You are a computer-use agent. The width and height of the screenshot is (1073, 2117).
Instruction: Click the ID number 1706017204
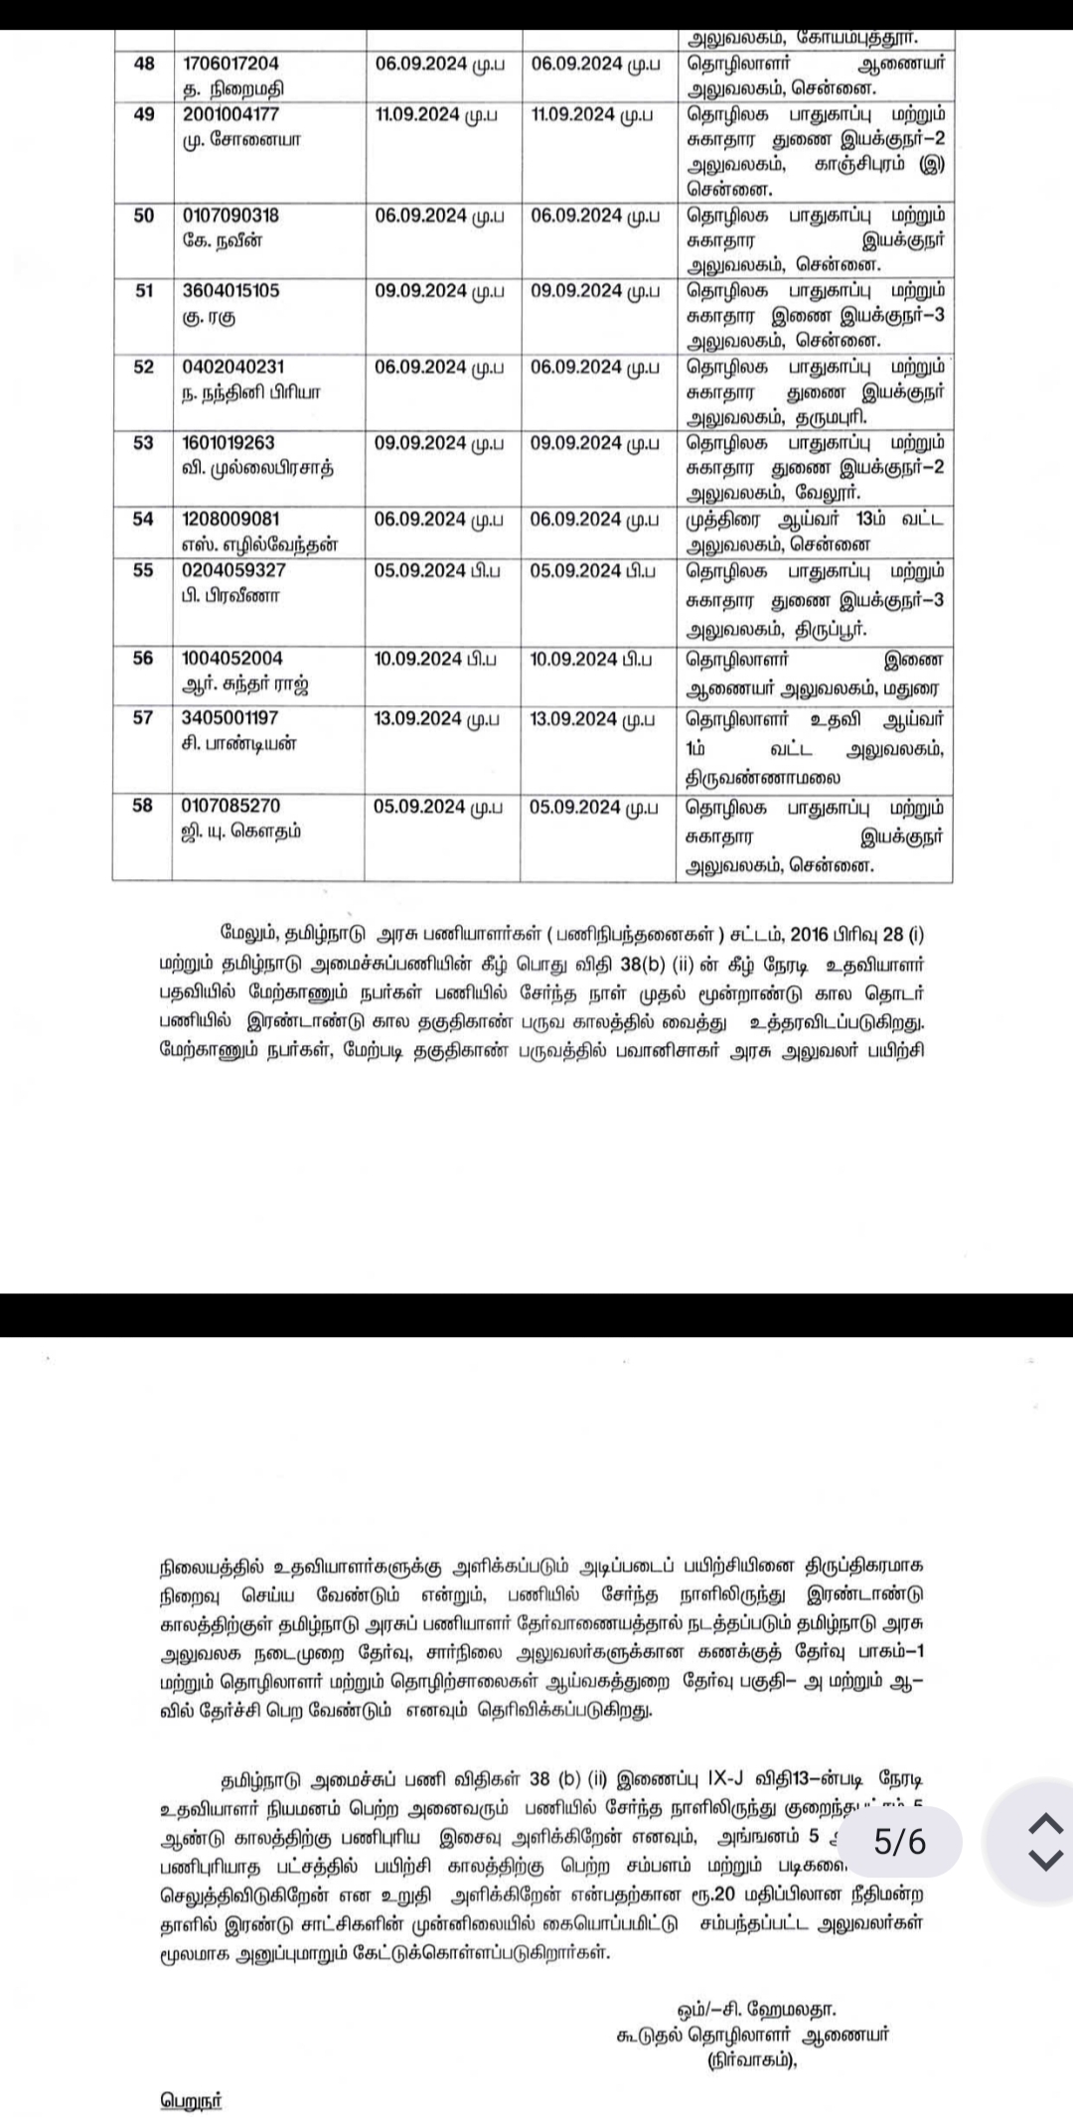pos(230,64)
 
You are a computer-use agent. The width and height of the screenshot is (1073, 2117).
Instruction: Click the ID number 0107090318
pos(230,216)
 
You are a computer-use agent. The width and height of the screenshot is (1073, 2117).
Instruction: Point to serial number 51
pos(143,291)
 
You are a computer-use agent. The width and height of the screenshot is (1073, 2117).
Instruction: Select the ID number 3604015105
pos(230,291)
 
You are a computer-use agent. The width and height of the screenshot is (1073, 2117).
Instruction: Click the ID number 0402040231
pos(232,367)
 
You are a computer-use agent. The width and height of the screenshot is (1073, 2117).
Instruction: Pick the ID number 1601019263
pos(229,442)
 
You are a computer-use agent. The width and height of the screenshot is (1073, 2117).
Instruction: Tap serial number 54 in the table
pos(143,519)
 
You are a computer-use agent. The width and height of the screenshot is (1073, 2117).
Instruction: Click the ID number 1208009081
pos(230,519)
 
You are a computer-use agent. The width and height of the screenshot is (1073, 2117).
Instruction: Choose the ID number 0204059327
pos(233,570)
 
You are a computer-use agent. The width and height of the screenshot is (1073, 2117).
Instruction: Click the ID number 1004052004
pos(232,658)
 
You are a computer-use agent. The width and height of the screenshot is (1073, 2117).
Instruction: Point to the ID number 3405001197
pos(230,717)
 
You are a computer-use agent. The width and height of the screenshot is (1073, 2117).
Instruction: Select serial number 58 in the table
pos(143,806)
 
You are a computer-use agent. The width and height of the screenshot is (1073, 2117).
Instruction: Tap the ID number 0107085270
pos(230,806)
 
